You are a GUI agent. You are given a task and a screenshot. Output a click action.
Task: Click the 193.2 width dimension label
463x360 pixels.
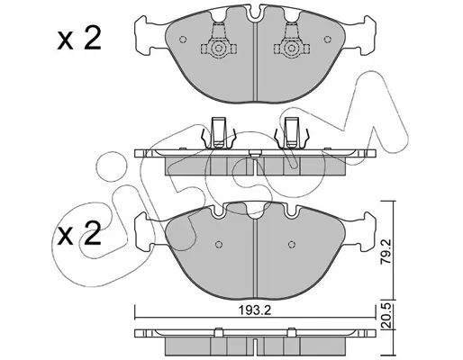[x=255, y=310]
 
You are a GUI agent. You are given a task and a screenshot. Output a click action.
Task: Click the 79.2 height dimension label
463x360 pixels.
[x=386, y=251]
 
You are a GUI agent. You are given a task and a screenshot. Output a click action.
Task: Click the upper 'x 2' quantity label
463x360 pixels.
[x=79, y=39]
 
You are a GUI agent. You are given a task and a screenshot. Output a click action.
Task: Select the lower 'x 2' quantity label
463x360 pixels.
[x=79, y=234]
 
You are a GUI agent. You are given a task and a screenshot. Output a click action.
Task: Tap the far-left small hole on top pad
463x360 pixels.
[x=183, y=40]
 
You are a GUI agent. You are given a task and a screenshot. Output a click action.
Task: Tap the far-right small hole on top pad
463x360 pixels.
[x=328, y=40]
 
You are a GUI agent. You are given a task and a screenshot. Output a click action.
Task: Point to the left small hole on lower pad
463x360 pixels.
[x=219, y=244]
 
